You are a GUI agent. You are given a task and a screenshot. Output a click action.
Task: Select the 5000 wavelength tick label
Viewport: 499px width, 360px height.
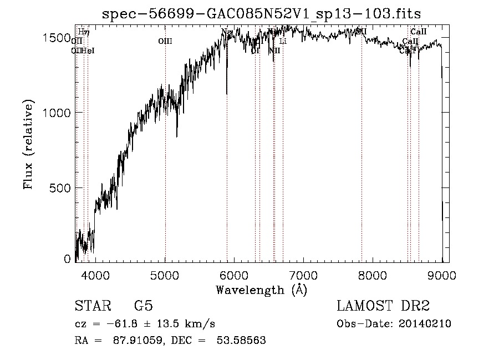coord(165,275)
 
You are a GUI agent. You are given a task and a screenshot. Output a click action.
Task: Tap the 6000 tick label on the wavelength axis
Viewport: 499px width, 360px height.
coord(235,275)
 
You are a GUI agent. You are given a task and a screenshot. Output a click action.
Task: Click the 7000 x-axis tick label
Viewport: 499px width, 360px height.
coord(303,275)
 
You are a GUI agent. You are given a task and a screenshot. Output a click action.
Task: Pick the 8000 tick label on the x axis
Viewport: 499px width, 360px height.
coord(373,275)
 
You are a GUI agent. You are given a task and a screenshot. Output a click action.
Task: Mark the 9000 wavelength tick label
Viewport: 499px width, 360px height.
coord(442,275)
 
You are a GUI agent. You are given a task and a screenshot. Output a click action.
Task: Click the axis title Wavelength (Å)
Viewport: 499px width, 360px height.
coord(261,290)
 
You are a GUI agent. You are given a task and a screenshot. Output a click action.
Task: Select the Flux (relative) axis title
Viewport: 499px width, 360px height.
coord(28,145)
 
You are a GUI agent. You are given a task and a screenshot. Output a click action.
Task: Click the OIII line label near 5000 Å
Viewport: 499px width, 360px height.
coord(165,40)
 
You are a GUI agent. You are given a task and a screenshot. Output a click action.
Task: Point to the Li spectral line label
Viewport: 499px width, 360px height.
coord(283,41)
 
